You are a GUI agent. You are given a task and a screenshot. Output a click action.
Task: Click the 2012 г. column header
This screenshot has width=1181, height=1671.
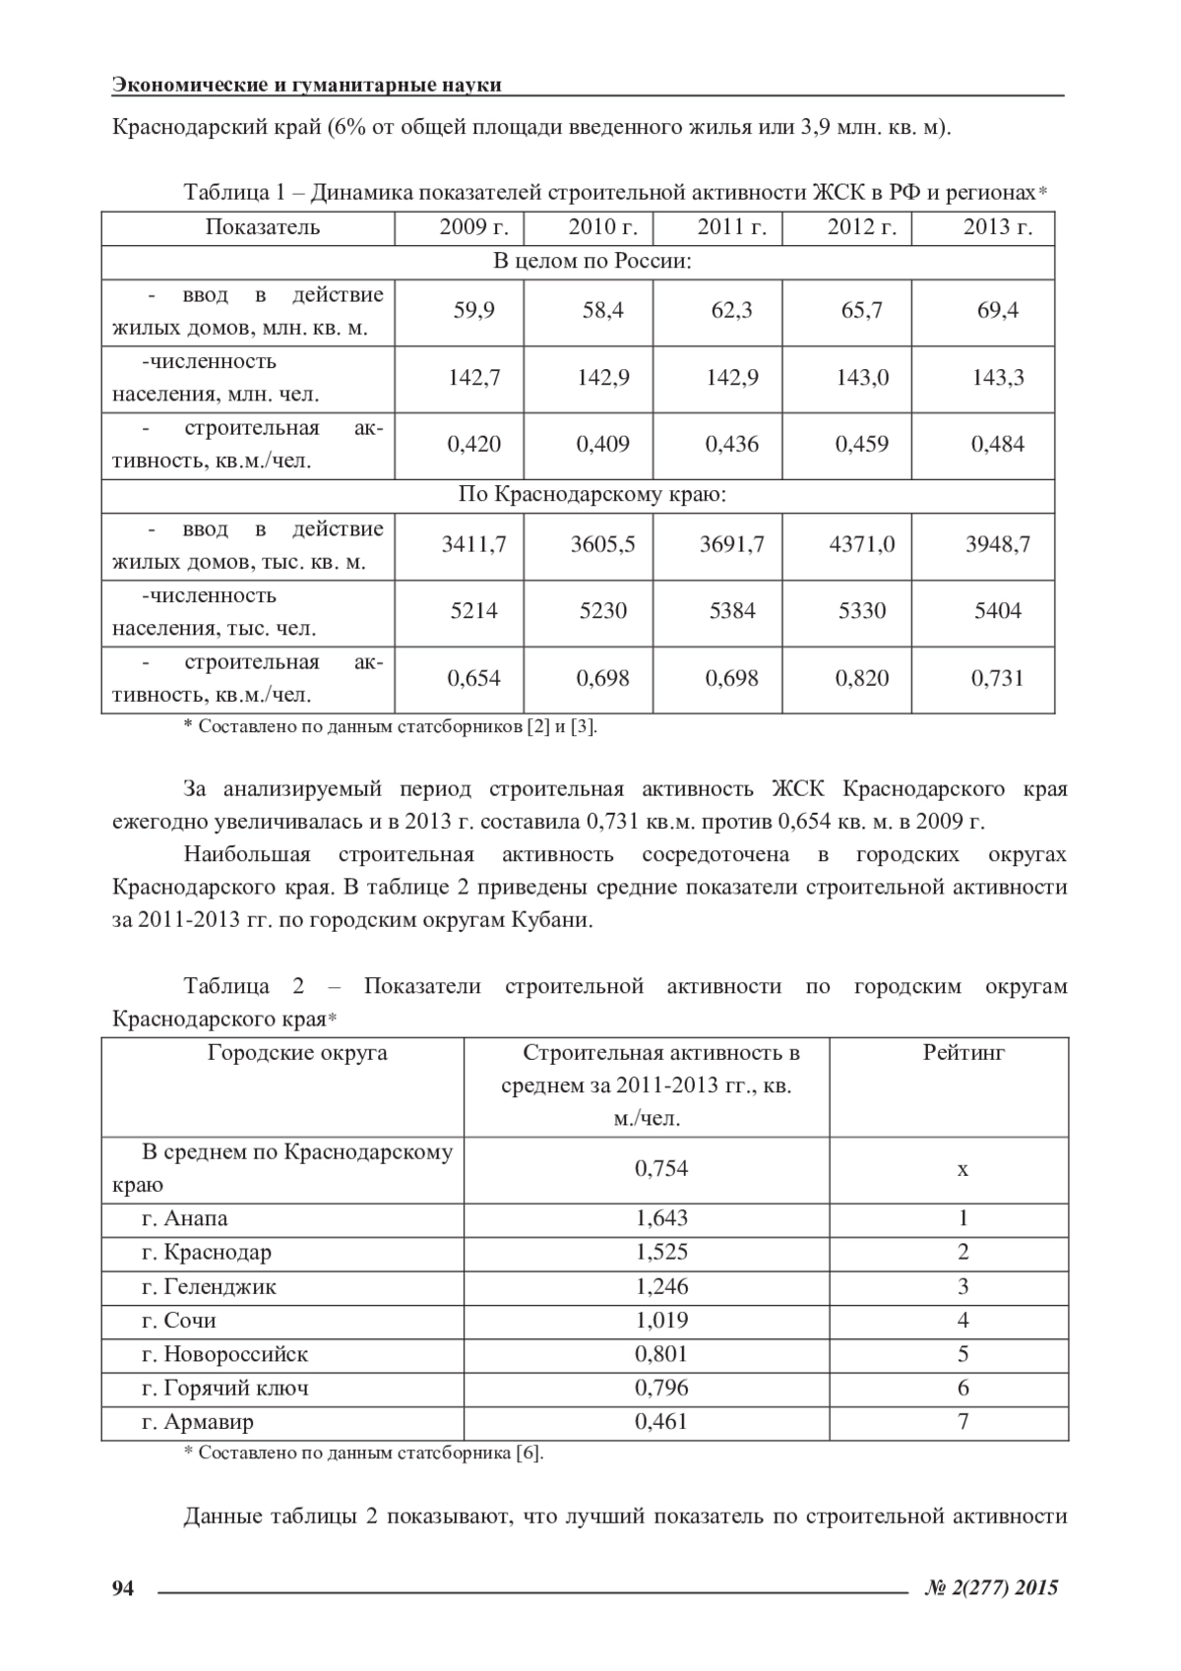click(861, 228)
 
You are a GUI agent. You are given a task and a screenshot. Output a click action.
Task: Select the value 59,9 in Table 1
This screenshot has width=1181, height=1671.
click(473, 311)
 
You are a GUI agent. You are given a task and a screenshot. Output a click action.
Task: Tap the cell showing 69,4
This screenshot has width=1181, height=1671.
click(997, 311)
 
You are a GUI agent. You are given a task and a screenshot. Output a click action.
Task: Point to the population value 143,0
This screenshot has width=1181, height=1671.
click(861, 378)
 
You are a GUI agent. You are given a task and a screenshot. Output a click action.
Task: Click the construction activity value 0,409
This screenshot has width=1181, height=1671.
click(602, 445)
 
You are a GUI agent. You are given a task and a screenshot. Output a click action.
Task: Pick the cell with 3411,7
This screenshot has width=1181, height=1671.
click(473, 544)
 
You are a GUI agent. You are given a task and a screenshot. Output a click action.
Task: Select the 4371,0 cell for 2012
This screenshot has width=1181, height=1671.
click(861, 544)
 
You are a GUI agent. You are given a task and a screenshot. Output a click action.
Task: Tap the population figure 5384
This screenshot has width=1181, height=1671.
click(732, 611)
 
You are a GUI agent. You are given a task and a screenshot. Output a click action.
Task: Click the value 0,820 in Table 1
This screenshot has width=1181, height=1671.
click(861, 678)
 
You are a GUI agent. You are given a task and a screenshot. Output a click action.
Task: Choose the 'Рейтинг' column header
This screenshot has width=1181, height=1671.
click(963, 1053)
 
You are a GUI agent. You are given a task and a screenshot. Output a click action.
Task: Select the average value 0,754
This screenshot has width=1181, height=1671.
click(661, 1169)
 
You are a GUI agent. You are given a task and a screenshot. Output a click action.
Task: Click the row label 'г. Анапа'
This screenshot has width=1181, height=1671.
click(185, 1219)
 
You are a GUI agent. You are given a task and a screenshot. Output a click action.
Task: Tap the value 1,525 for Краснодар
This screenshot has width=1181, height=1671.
click(661, 1253)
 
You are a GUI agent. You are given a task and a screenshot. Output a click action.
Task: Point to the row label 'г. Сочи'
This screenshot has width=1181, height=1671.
click(179, 1321)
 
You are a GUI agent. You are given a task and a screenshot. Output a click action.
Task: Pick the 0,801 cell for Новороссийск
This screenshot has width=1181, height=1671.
click(661, 1354)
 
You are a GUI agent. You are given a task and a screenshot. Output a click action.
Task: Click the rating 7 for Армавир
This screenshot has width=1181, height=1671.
click(963, 1422)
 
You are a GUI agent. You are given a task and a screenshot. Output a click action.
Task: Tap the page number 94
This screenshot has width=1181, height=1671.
click(123, 1587)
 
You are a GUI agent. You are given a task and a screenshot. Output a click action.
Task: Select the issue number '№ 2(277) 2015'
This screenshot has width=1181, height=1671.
click(992, 1587)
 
